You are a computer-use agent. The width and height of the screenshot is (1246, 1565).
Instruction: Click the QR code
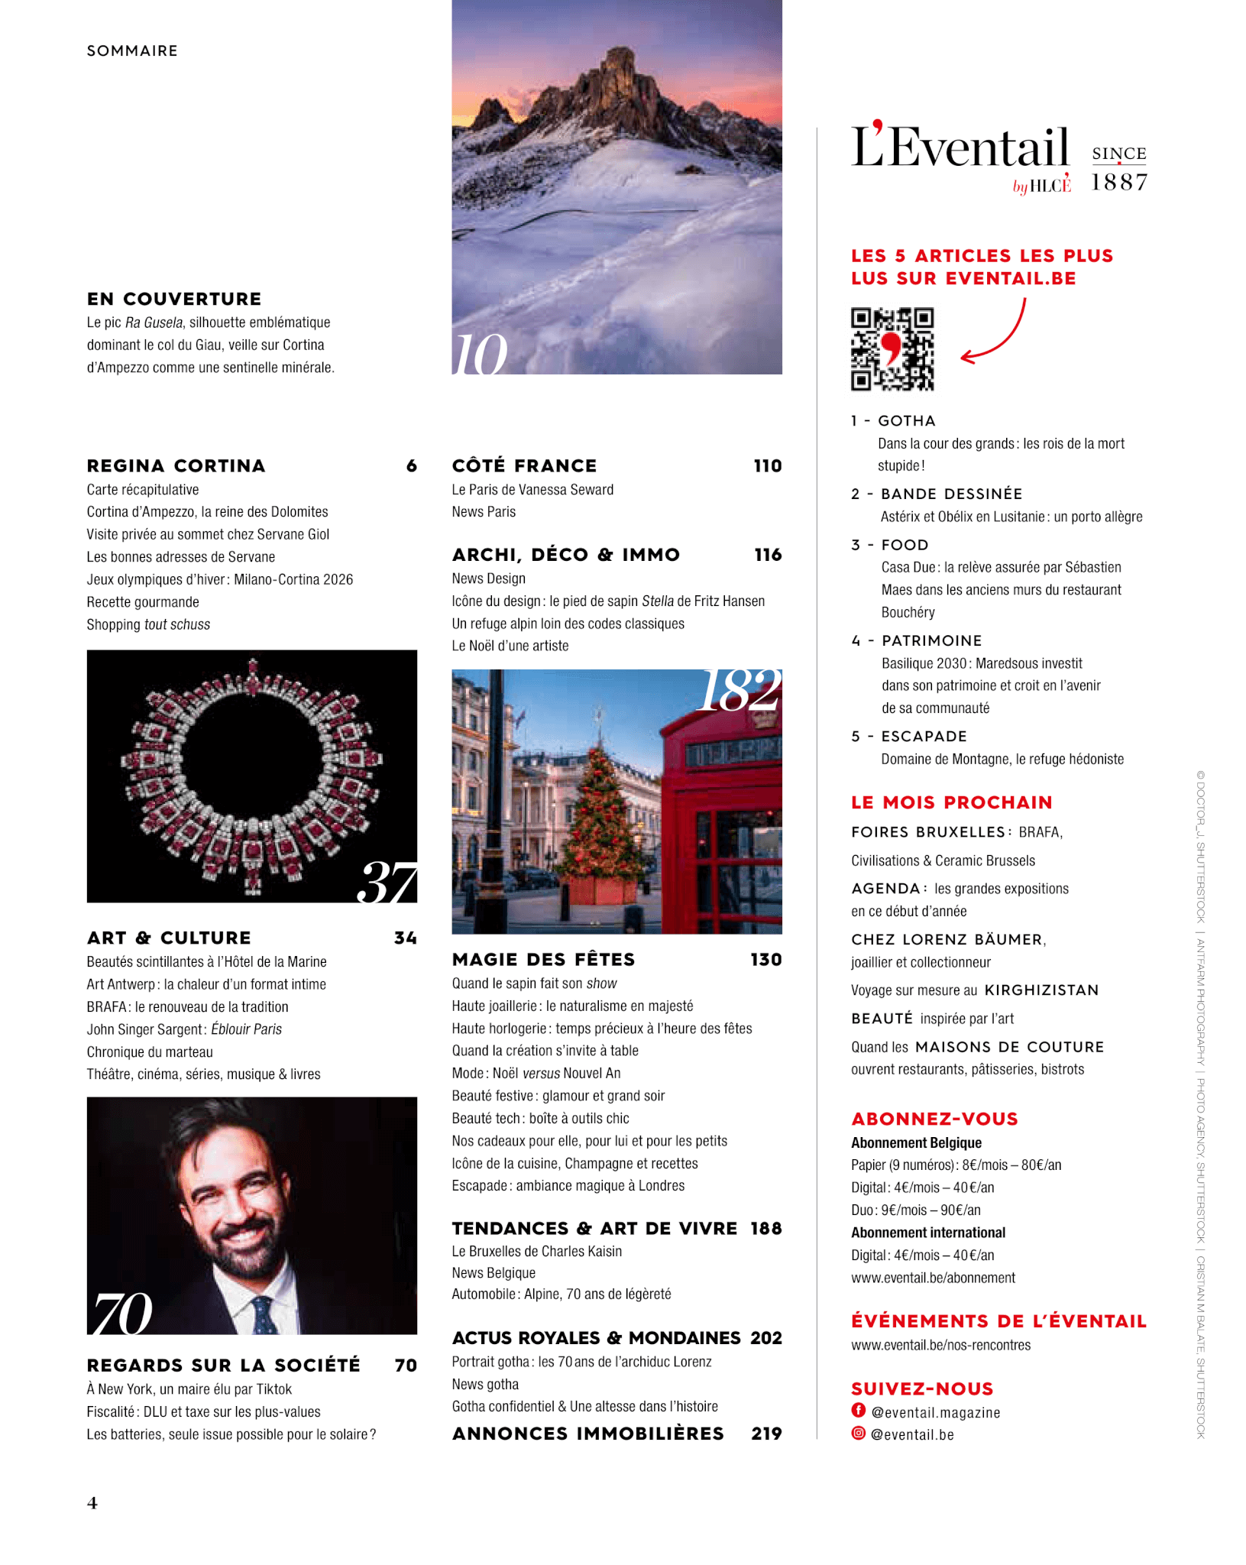pyautogui.click(x=892, y=349)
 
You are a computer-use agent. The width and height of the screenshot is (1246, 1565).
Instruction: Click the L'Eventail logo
pyautogui.click(x=960, y=149)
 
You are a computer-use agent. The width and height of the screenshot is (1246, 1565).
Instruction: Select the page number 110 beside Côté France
pyautogui.click(x=767, y=466)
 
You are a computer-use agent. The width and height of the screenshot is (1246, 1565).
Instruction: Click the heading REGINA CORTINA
pyautogui.click(x=176, y=466)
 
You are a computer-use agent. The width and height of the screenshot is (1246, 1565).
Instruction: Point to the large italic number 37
pyautogui.click(x=387, y=883)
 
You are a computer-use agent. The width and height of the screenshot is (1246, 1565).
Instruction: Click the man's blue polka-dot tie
pyautogui.click(x=264, y=1314)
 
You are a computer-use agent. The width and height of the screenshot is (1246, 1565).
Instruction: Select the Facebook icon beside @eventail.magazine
pyautogui.click(x=859, y=1411)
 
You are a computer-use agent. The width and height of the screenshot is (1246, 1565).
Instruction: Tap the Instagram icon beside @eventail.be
pyautogui.click(x=859, y=1434)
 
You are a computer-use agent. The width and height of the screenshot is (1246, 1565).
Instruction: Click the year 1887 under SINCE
pyautogui.click(x=1119, y=182)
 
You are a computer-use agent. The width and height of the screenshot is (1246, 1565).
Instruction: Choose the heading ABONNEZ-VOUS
pyautogui.click(x=934, y=1119)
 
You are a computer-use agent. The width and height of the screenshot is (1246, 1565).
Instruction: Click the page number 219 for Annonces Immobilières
pyautogui.click(x=766, y=1434)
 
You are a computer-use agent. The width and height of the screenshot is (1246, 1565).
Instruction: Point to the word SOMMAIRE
pyautogui.click(x=132, y=51)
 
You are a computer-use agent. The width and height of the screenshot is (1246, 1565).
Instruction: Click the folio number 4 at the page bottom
pyautogui.click(x=92, y=1503)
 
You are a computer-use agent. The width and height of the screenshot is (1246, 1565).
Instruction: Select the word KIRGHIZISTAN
pyautogui.click(x=1041, y=990)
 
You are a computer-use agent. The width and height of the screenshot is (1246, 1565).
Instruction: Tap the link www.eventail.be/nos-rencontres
pyautogui.click(x=940, y=1345)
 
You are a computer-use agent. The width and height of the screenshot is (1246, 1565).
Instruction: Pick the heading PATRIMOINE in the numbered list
pyautogui.click(x=931, y=640)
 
